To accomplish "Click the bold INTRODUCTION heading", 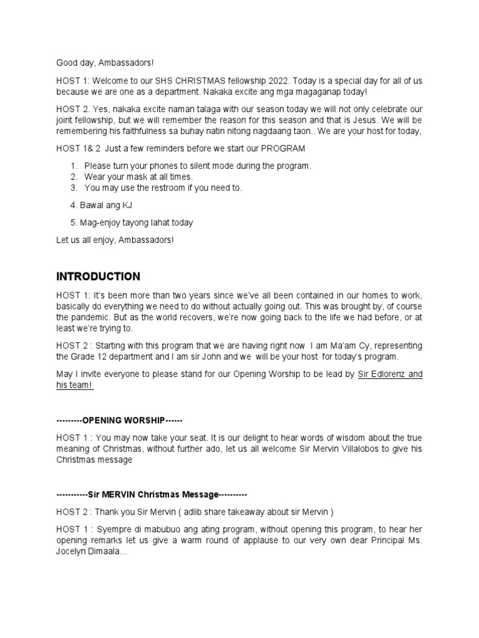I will point(98,277).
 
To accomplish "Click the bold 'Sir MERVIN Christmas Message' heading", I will point(152,494).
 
